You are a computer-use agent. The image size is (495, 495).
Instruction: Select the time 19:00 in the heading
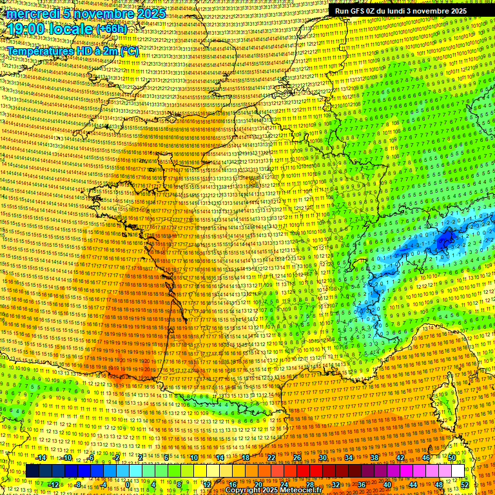point(28,29)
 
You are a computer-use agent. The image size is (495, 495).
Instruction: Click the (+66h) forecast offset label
point(112,30)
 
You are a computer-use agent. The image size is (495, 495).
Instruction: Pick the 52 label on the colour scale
point(465,484)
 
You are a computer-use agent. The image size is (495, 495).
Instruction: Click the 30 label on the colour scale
point(323,458)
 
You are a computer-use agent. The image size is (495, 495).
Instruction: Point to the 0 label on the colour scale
point(128,484)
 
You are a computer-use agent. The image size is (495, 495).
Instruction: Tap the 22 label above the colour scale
point(271,458)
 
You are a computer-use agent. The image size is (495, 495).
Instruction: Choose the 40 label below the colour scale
point(387,484)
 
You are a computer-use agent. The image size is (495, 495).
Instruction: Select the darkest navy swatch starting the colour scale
point(32,471)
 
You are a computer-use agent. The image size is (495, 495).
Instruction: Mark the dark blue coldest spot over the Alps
point(445,241)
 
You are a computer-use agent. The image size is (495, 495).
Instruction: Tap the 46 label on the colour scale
point(426,458)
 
